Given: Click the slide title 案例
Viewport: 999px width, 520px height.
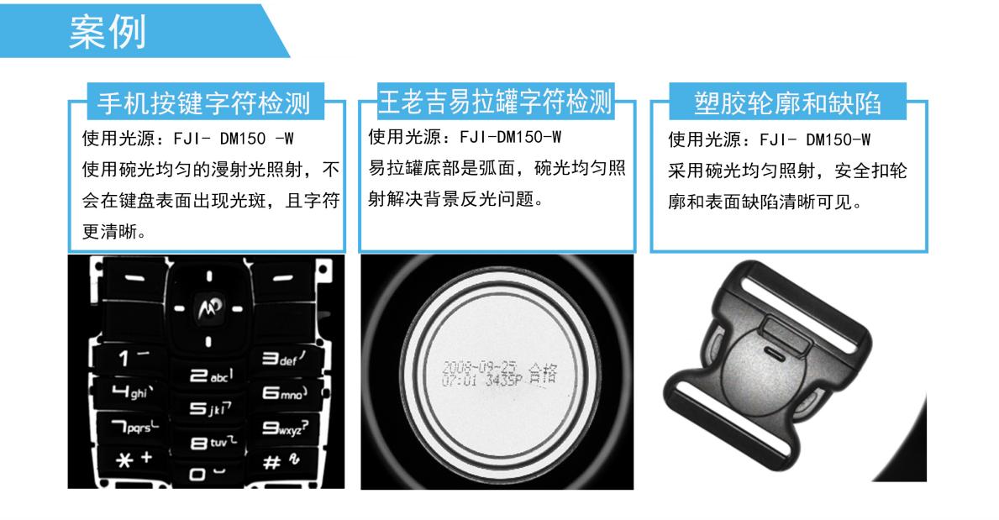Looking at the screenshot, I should (x=108, y=32).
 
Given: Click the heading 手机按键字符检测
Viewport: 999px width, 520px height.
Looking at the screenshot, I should (x=204, y=102).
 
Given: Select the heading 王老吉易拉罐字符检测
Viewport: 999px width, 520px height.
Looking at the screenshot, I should (x=495, y=101).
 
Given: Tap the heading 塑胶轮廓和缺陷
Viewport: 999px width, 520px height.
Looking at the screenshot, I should (x=787, y=102).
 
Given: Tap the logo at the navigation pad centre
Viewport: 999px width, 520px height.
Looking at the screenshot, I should (x=206, y=309).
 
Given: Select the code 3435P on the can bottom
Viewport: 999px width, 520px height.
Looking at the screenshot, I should (x=504, y=380).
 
